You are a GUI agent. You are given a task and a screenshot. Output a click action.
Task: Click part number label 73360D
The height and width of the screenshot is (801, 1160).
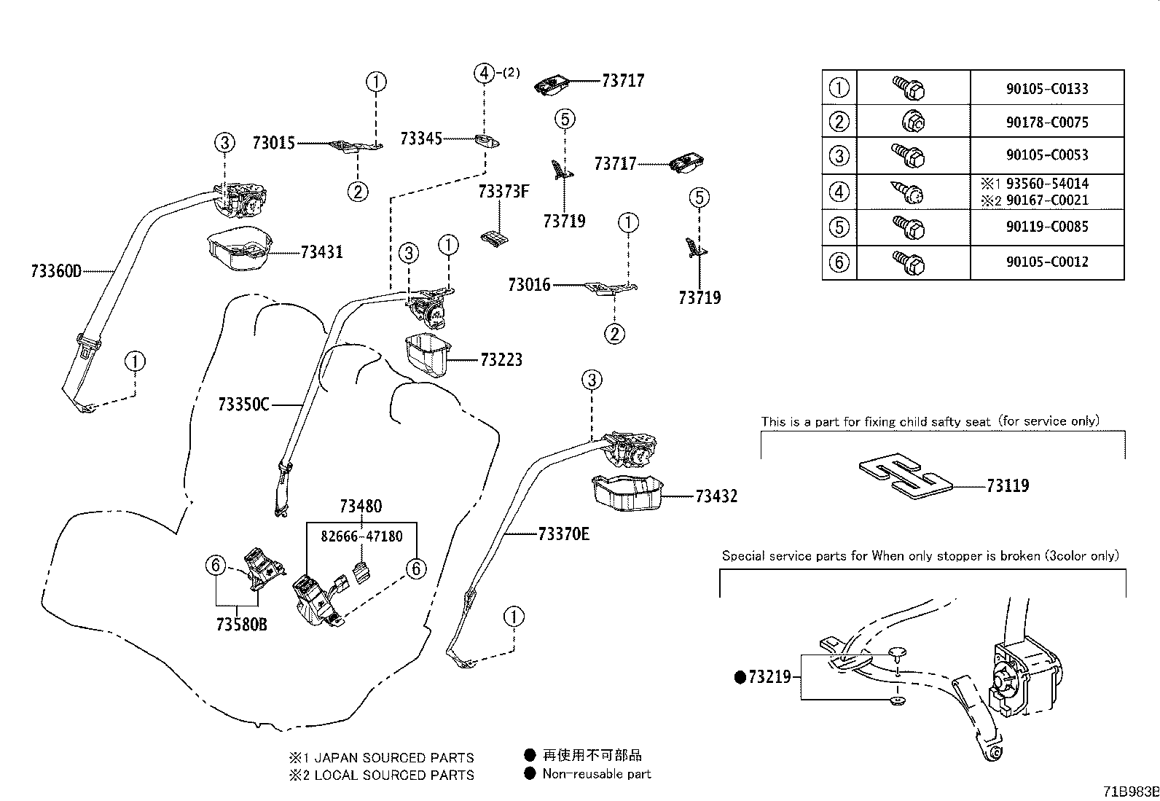point(56,271)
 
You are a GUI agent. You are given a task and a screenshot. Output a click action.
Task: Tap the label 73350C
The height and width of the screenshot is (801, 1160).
point(243,404)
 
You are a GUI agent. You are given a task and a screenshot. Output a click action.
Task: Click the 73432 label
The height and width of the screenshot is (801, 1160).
point(716,496)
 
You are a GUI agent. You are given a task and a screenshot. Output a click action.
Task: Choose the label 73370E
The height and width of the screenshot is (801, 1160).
point(563,534)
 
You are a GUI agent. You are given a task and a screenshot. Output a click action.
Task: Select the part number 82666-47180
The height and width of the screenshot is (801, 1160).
point(362,536)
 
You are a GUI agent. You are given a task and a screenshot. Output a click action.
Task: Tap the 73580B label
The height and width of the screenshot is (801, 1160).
point(241,625)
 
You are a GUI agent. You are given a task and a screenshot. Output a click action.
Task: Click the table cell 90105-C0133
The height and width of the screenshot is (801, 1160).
point(1047,89)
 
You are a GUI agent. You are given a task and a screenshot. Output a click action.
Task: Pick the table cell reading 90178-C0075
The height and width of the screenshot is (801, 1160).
point(1047,122)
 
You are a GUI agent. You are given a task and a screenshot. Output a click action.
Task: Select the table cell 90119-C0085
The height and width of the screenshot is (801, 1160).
point(1047,227)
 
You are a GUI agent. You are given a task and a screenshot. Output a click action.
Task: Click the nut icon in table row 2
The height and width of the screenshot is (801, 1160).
point(913,121)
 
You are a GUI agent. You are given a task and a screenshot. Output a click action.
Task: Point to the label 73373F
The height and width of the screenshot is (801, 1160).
point(503,192)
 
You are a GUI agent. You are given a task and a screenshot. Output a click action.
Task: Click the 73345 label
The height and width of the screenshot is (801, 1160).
point(421,138)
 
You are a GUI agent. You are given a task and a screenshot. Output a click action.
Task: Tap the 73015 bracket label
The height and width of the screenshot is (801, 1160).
point(273,143)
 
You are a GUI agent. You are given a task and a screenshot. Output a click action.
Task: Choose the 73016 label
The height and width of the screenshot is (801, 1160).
point(529,285)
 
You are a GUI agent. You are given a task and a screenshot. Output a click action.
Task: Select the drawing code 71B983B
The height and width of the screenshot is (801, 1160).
point(1129,792)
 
